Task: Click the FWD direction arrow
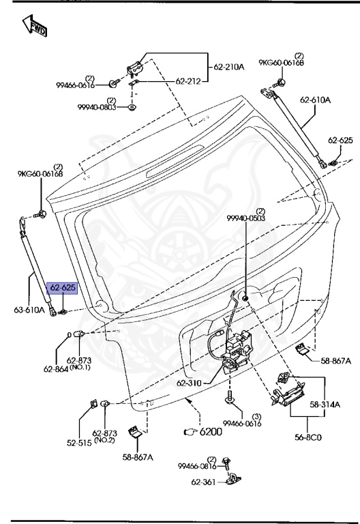pos(35,27)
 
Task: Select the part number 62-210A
pos(228,67)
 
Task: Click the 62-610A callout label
pos(315,100)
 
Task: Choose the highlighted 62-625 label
pos(62,288)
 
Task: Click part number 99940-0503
pos(245,218)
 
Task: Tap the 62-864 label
pos(57,369)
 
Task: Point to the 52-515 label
pos(79,441)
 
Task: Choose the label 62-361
pos(205,482)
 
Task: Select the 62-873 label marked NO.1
pos(80,360)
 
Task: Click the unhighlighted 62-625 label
pos(340,141)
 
